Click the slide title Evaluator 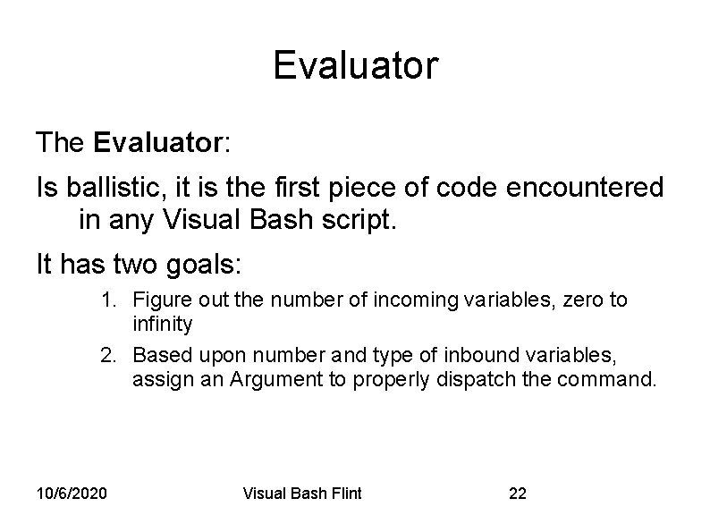355,65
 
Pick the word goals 207,265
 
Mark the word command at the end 612,379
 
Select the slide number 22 518,494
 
